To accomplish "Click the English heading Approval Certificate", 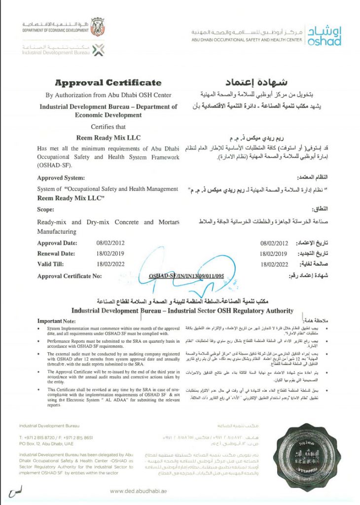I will [x=108, y=82].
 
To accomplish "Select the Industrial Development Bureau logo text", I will [x=57, y=49].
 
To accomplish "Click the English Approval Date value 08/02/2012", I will [x=110, y=243].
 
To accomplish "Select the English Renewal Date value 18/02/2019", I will [x=110, y=253].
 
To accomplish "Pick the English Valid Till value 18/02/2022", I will [x=110, y=264].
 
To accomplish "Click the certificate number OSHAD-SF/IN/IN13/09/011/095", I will [x=186, y=277].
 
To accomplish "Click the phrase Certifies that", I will [x=108, y=127].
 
